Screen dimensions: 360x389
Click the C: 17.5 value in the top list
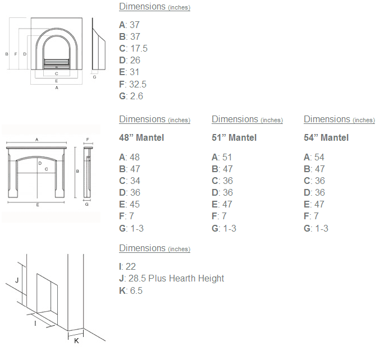[133, 49]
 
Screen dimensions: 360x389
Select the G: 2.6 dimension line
[131, 96]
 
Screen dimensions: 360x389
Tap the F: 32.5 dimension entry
[132, 85]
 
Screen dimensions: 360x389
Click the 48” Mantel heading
[141, 138]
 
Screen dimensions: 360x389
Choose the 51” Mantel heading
[234, 138]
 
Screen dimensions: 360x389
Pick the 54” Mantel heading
[326, 138]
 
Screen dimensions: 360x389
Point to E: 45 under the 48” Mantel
[129, 205]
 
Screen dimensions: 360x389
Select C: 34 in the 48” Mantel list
[129, 181]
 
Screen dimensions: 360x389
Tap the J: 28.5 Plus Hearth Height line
[171, 279]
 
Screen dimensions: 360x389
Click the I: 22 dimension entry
[127, 267]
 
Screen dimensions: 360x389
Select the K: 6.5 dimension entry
[131, 290]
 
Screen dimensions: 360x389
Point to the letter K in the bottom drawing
[76, 340]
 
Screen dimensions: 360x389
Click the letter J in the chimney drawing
[17, 279]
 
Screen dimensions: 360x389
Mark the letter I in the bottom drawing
[35, 324]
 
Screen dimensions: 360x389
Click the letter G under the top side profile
[94, 77]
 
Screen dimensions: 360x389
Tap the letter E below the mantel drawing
[38, 205]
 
